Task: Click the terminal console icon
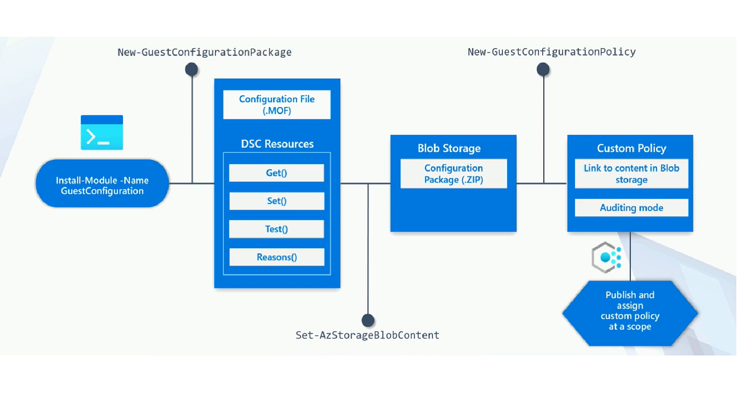pyautogui.click(x=101, y=133)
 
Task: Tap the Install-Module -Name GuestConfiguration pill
pyautogui.click(x=102, y=184)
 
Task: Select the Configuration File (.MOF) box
pyautogui.click(x=277, y=105)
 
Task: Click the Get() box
pyautogui.click(x=277, y=173)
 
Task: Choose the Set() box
pyautogui.click(x=277, y=201)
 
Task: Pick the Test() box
pyautogui.click(x=277, y=229)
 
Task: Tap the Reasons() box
pyautogui.click(x=277, y=257)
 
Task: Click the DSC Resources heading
pyautogui.click(x=277, y=144)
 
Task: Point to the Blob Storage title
pyautogui.click(x=449, y=148)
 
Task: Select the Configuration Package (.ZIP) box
pyautogui.click(x=453, y=174)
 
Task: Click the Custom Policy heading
pyautogui.click(x=631, y=148)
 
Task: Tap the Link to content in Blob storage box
pyautogui.click(x=631, y=174)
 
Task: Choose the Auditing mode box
pyautogui.click(x=631, y=208)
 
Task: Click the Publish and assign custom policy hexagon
pyautogui.click(x=630, y=313)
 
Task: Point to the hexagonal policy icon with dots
pyautogui.click(x=607, y=258)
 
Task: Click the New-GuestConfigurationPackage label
pyautogui.click(x=205, y=52)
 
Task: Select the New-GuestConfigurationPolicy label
pyautogui.click(x=552, y=52)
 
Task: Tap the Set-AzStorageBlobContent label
pyautogui.click(x=367, y=335)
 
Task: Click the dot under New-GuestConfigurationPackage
pyautogui.click(x=191, y=69)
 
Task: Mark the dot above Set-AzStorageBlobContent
pyautogui.click(x=368, y=320)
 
